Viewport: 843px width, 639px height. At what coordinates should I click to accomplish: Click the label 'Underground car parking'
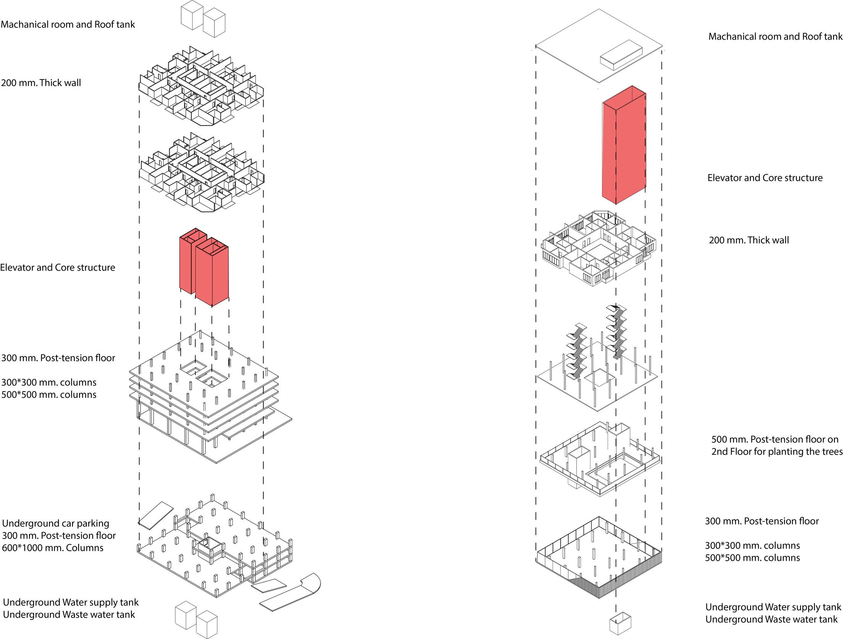56,523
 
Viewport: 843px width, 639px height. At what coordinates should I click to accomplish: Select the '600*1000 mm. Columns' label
53,548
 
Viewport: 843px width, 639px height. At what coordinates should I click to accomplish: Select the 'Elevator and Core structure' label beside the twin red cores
58,268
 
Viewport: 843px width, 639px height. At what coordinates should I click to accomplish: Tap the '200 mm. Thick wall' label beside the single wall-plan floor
749,240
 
